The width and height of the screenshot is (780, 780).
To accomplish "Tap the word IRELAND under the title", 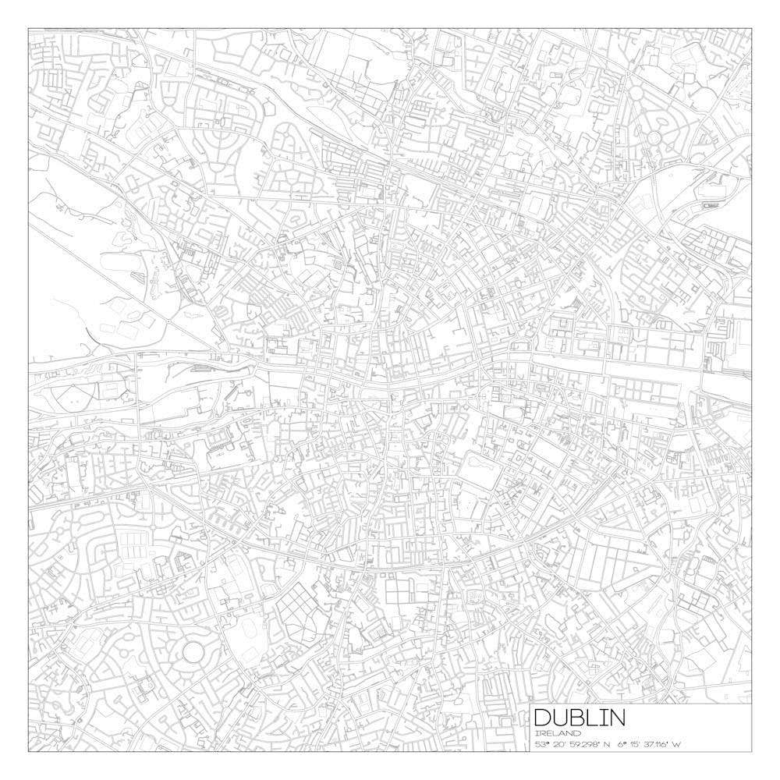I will click(558, 734).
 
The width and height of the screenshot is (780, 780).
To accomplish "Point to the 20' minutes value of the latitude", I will click(563, 745).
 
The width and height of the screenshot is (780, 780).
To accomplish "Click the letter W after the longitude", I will click(679, 745).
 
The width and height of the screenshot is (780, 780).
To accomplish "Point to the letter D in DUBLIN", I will click(542, 718).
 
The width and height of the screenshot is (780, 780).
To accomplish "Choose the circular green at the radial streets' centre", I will click(654, 136).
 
